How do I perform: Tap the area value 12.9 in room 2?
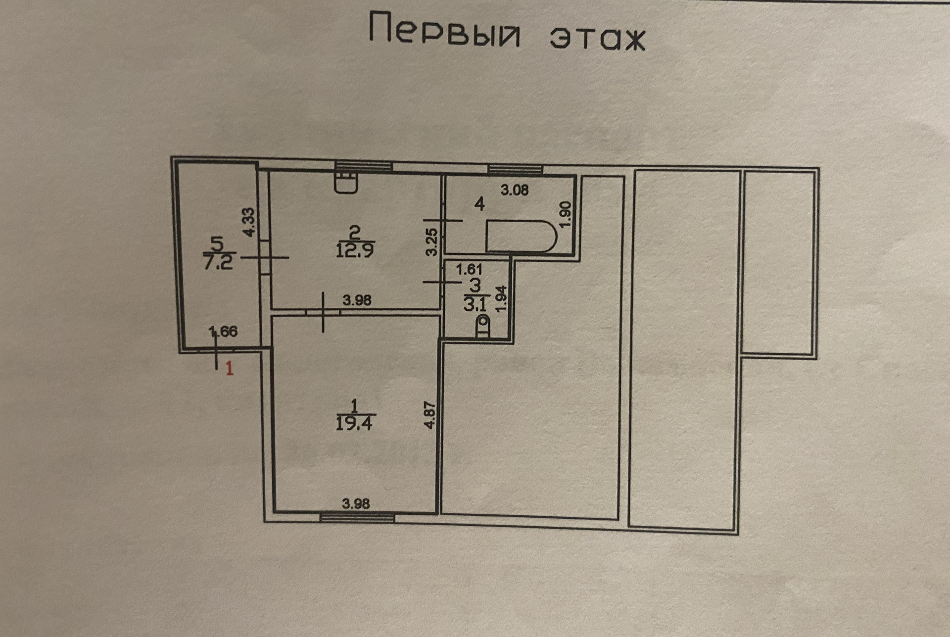(x=354, y=250)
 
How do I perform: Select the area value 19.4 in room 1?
(x=354, y=424)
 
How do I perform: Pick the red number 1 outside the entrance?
(x=230, y=369)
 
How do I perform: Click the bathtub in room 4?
(x=521, y=236)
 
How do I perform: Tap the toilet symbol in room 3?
(x=482, y=327)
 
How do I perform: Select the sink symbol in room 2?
(x=346, y=182)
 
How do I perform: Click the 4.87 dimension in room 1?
(x=430, y=415)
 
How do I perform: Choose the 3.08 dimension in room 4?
(x=515, y=190)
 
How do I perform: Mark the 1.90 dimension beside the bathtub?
(x=567, y=214)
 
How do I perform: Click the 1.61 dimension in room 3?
(x=469, y=270)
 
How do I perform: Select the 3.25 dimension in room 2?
(x=431, y=242)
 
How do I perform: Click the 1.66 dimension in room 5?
(x=223, y=331)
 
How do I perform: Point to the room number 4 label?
(x=479, y=204)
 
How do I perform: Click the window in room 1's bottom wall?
(x=357, y=518)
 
